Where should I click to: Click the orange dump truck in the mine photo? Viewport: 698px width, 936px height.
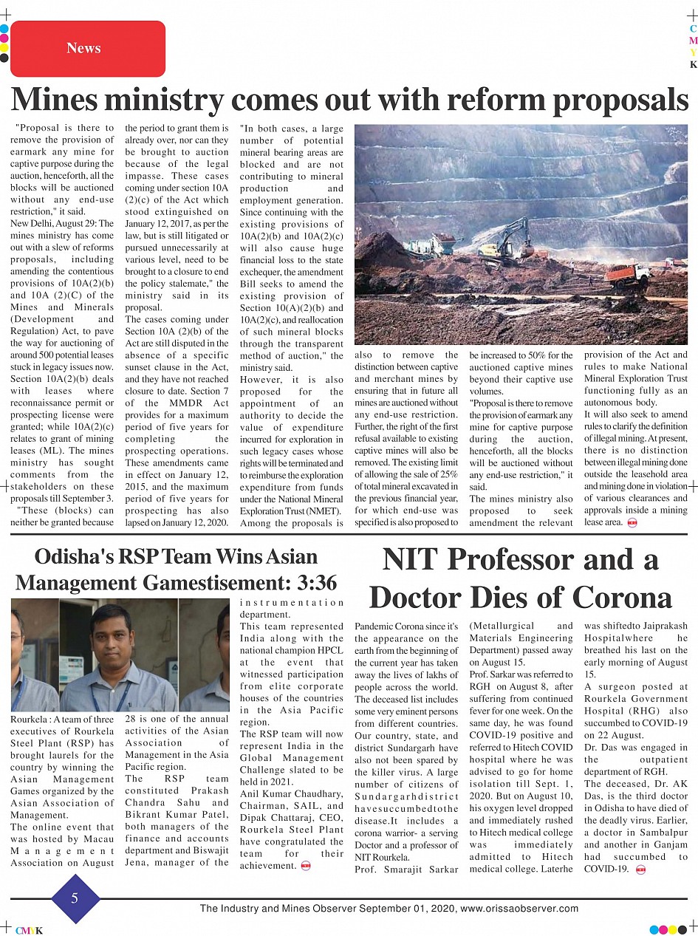point(627,276)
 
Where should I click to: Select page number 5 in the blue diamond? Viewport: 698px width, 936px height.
point(75,898)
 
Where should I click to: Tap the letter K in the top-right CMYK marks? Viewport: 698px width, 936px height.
point(693,64)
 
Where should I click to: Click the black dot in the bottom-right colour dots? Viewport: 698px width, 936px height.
point(682,930)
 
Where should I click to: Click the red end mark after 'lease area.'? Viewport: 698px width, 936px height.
point(632,523)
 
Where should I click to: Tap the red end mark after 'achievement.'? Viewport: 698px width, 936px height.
point(306,866)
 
